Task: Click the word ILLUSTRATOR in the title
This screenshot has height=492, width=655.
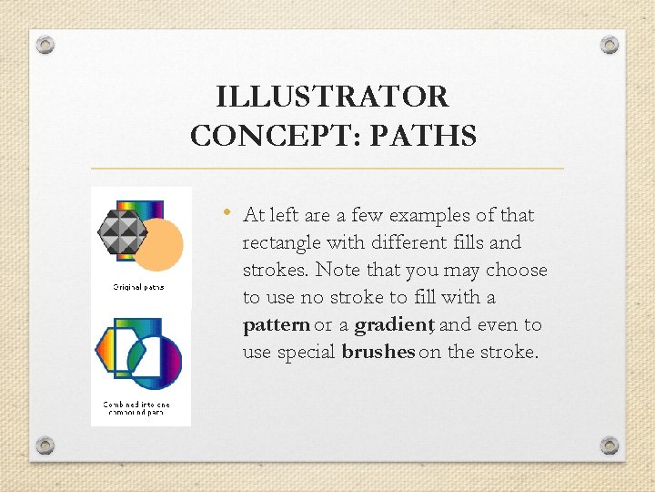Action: [x=333, y=97]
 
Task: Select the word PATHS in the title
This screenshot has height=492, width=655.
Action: [x=430, y=137]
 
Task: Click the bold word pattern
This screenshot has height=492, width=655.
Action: [x=277, y=325]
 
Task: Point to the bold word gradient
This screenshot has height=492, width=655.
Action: [x=393, y=325]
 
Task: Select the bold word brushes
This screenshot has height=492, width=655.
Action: [x=378, y=353]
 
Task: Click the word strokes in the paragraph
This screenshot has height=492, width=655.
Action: [x=275, y=271]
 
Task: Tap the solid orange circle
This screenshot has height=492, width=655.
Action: [x=158, y=244]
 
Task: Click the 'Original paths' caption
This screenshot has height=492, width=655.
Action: [x=139, y=288]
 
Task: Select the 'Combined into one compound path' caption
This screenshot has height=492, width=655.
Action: [x=136, y=407]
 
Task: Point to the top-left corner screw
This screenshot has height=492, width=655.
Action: [x=46, y=45]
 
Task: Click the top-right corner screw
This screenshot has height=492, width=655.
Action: [x=610, y=45]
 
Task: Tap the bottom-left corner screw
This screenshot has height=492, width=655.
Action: [x=46, y=446]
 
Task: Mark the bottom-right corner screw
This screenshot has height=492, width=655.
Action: [x=610, y=446]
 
